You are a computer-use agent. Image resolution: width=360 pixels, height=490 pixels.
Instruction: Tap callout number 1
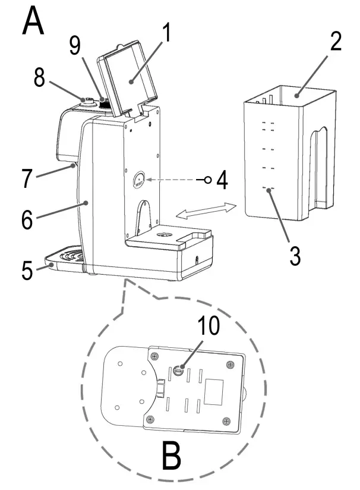pos(168,34)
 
